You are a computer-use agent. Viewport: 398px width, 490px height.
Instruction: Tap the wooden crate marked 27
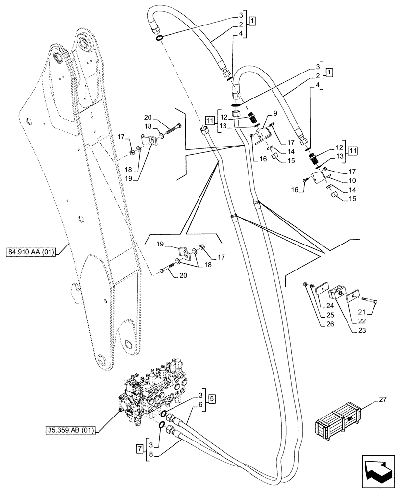[x=339, y=421]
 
